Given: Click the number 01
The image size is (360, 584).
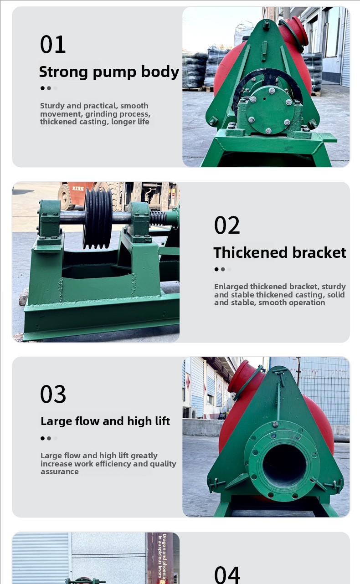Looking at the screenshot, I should [53, 44].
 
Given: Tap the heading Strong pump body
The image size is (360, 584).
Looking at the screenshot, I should [109, 72].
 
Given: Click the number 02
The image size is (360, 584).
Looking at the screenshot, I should [227, 225].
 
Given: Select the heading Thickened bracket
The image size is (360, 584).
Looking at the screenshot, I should [280, 252].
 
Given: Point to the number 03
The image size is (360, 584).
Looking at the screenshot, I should [53, 394].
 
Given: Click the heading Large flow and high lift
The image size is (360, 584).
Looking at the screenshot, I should [105, 421].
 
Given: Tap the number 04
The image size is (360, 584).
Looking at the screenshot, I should [227, 574].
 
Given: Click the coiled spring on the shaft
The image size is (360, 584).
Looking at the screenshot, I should [158, 218].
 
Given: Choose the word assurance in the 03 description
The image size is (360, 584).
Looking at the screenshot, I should [59, 472].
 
